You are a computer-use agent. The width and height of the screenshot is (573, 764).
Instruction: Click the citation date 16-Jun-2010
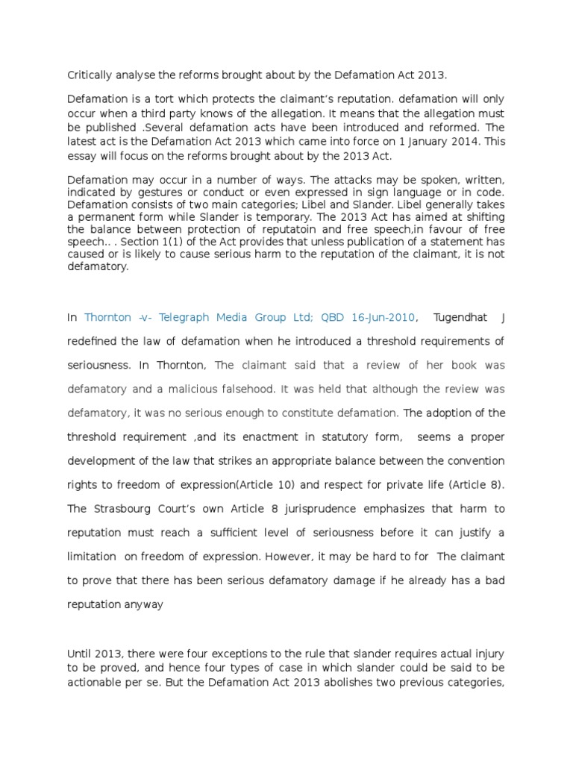[x=378, y=318]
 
